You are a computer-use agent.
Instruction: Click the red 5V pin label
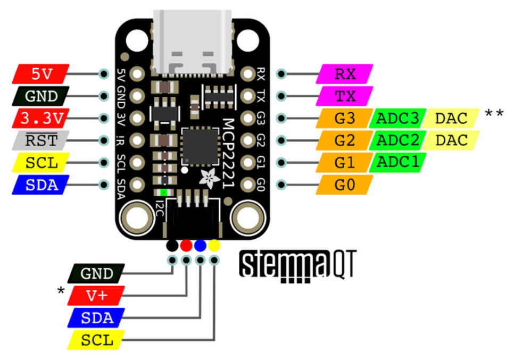point(41,74)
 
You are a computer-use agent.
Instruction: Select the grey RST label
point(41,140)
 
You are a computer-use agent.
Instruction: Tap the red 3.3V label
point(41,119)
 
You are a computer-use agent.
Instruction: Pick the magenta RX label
point(345,74)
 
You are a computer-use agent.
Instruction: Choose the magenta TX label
point(345,96)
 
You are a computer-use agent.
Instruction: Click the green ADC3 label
point(397,119)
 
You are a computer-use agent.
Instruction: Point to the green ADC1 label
point(397,162)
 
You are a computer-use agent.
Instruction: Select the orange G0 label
point(345,185)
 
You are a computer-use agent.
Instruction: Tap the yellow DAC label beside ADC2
point(451,140)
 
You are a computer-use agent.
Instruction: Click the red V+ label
point(96,296)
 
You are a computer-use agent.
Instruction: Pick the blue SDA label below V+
point(96,318)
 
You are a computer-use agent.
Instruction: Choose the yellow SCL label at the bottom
point(96,340)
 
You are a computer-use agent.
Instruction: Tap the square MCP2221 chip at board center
point(200,147)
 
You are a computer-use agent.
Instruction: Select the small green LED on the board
point(164,192)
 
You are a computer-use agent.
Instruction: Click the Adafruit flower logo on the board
point(210,178)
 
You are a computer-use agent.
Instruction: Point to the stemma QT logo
point(297,266)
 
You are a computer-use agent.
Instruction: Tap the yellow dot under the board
point(214,246)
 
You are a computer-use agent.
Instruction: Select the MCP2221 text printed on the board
point(228,154)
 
